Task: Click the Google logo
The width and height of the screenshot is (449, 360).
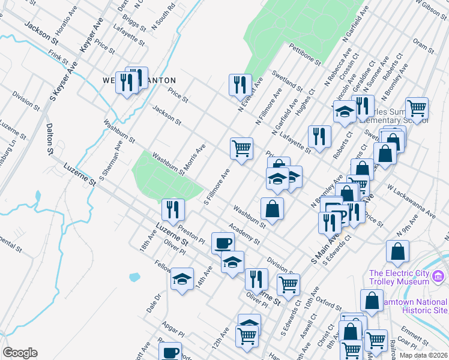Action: [20, 353]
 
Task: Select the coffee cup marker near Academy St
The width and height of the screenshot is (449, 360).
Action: [223, 242]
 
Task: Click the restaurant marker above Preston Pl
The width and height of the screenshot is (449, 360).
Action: [173, 209]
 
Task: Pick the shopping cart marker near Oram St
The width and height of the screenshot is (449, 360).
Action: [417, 108]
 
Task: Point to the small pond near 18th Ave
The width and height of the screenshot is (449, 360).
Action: [134, 277]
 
